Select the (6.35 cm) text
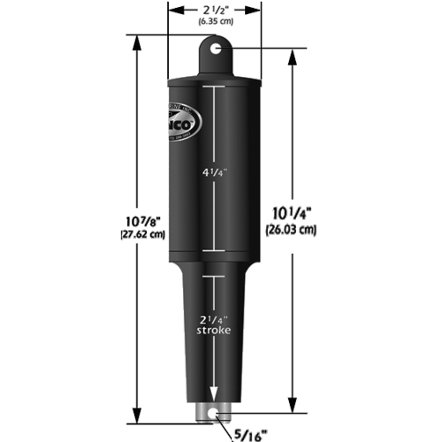click(x=215, y=22)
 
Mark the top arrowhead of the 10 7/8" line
click(x=135, y=41)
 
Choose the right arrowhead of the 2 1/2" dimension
click(x=257, y=11)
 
